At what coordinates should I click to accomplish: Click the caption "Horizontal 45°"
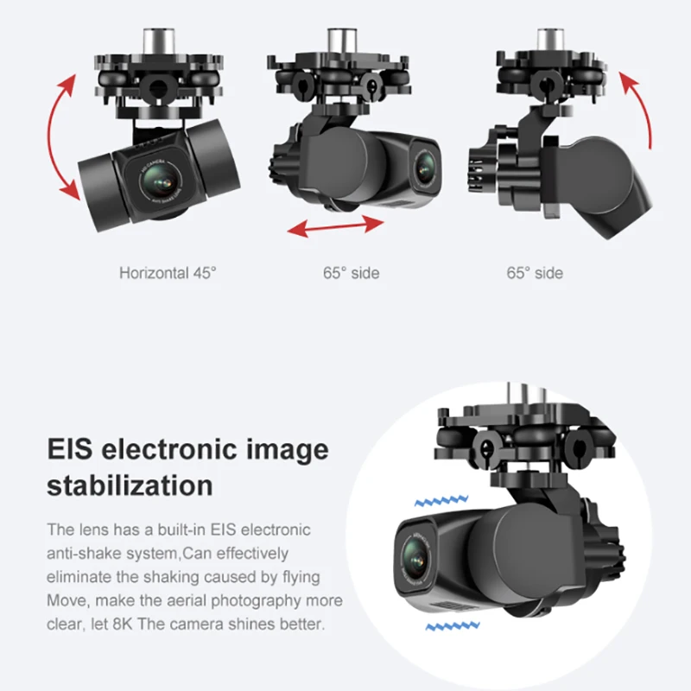tap(168, 274)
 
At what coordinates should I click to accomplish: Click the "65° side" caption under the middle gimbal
tap(351, 274)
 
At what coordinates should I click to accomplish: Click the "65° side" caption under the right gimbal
tap(535, 274)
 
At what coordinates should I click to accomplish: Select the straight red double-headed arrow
tap(335, 225)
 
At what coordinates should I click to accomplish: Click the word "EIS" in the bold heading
tap(72, 450)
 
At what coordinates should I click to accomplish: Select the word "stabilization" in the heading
tap(130, 485)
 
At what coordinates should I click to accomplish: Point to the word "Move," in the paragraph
tap(68, 600)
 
